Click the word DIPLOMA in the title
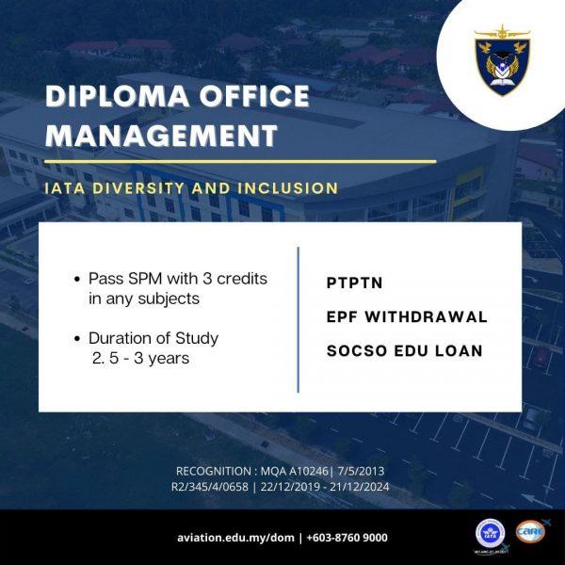point(117,96)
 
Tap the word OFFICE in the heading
point(254,96)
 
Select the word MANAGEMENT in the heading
point(161,135)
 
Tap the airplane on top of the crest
point(502,32)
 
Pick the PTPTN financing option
point(354,282)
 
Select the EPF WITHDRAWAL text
point(407,317)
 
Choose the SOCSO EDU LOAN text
point(404,351)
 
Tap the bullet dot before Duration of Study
point(77,339)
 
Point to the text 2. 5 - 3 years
point(140,359)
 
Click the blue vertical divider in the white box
point(298,319)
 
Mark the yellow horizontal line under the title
point(240,162)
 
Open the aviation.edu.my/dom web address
point(235,538)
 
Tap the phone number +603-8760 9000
point(347,538)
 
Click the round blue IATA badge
point(490,534)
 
